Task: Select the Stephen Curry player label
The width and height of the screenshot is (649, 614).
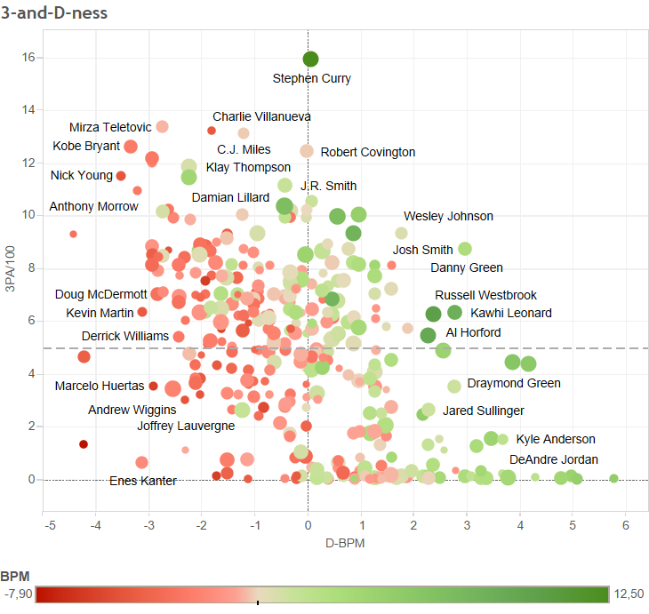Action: pyautogui.click(x=311, y=78)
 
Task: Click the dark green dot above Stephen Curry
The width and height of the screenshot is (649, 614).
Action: pyautogui.click(x=310, y=59)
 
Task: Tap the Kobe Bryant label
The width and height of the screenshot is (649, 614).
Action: pyautogui.click(x=86, y=147)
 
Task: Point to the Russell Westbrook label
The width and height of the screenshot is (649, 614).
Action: pyautogui.click(x=485, y=295)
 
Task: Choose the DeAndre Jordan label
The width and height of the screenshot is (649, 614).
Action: pyautogui.click(x=553, y=459)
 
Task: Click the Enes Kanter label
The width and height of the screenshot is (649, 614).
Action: pyautogui.click(x=142, y=481)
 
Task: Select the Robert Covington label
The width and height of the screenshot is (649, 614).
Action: pyautogui.click(x=367, y=152)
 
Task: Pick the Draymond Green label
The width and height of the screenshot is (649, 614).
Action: pyautogui.click(x=514, y=383)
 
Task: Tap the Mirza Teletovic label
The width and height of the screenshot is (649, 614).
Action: pyautogui.click(x=110, y=127)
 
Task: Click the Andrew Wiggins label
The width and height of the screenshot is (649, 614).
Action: pyautogui.click(x=132, y=410)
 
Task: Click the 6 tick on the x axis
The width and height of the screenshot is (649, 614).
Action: pyautogui.click(x=626, y=525)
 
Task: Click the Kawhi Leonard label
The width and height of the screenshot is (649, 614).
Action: pyautogui.click(x=510, y=313)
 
